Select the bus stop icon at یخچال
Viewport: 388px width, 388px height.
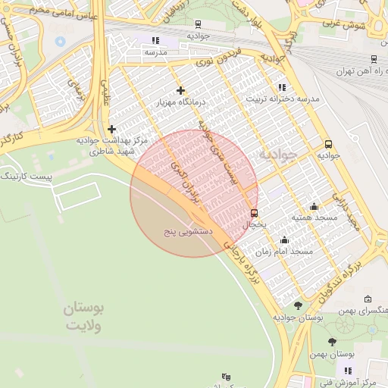coord(254,213)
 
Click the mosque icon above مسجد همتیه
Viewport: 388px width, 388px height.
coord(314,207)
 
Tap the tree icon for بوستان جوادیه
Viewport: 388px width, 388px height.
coord(297,305)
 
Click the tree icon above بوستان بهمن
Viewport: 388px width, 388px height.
coord(332,343)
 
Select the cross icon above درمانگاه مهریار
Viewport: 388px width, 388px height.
coord(180,91)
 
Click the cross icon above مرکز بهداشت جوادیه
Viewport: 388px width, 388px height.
coord(112,130)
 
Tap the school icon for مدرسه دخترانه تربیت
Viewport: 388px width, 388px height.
coord(282,88)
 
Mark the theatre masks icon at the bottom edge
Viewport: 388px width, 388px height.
coord(225,377)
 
